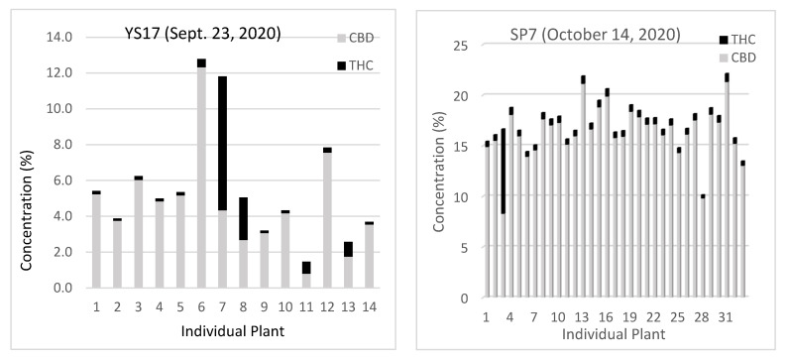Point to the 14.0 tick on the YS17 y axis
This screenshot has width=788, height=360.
click(x=64, y=38)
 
